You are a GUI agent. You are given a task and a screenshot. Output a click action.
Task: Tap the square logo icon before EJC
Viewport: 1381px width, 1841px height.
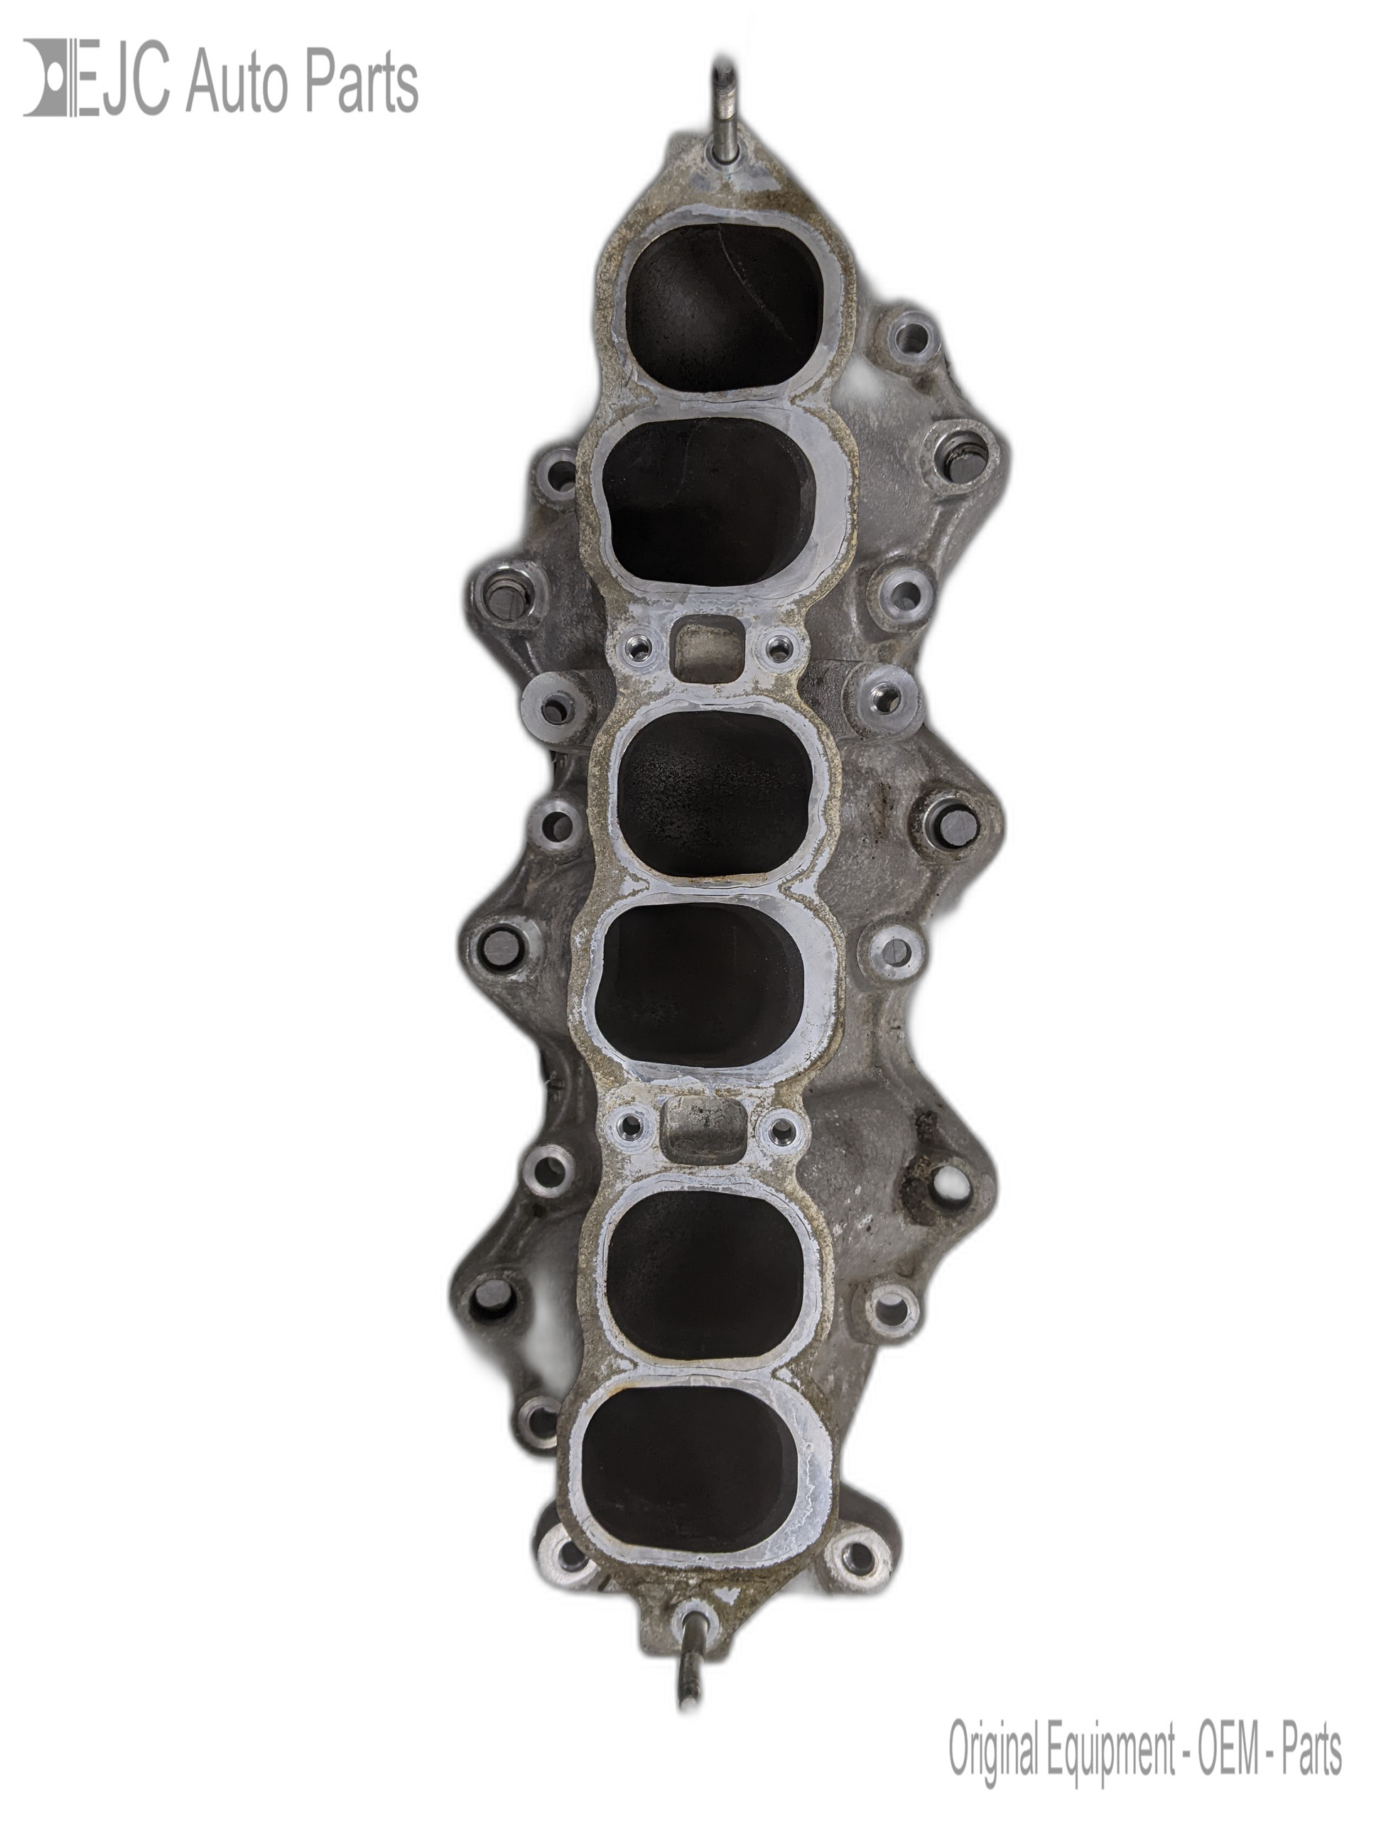click(x=48, y=77)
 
